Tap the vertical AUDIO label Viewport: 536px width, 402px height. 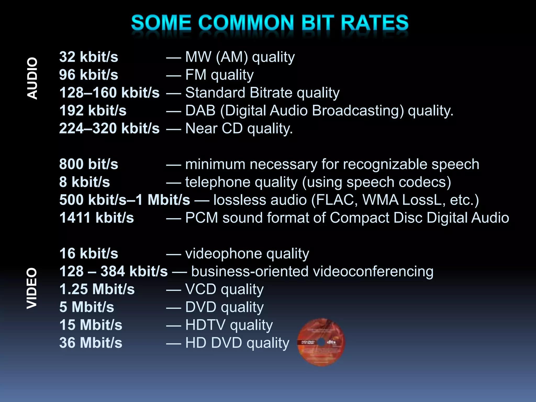[x=32, y=78]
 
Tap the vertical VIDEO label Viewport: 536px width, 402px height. [x=32, y=288]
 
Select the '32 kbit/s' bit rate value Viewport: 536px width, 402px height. [x=88, y=57]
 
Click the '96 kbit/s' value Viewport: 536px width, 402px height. [x=88, y=75]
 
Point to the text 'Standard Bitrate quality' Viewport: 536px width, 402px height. [x=262, y=93]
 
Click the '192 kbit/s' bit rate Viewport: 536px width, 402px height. [x=93, y=110]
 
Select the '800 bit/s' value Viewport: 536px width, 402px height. [x=88, y=164]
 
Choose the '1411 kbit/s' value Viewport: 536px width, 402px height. [x=96, y=218]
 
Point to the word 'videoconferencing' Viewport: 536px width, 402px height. [x=373, y=271]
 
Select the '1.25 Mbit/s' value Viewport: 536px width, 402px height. [x=97, y=289]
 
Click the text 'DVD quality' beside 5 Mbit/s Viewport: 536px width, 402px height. [x=224, y=307]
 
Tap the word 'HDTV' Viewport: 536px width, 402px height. [x=205, y=325]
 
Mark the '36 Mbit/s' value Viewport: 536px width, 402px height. [x=91, y=343]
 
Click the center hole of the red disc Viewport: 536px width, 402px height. [x=322, y=342]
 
